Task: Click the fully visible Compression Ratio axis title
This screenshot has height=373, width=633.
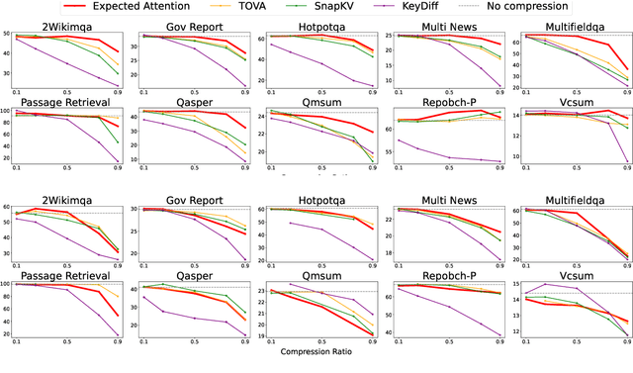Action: (x=316, y=350)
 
